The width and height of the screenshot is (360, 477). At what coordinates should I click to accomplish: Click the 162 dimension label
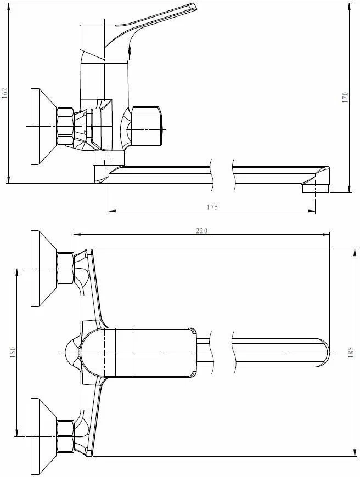pyautogui.click(x=5, y=93)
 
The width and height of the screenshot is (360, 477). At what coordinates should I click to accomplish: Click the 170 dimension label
pyautogui.click(x=345, y=98)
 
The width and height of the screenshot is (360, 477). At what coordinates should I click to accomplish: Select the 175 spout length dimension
pyautogui.click(x=212, y=207)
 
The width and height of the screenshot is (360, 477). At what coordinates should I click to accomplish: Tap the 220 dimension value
pyautogui.click(x=201, y=231)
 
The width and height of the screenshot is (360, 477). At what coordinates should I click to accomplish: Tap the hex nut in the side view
pyautogui.click(x=65, y=127)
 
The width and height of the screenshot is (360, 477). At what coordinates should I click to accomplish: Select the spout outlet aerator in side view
pyautogui.click(x=314, y=190)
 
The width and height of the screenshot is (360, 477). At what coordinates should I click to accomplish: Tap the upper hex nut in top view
pyautogui.click(x=65, y=269)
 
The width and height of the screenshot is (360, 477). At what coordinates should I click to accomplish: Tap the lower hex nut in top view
pyautogui.click(x=65, y=436)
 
